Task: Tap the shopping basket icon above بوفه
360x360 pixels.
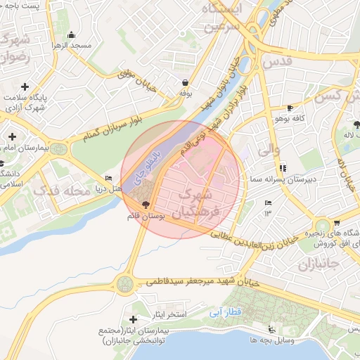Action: coord(185,82)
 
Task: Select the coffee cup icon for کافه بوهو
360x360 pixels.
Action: coord(291,108)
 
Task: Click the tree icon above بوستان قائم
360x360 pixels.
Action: coord(146,205)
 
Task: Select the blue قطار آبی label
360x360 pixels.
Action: coord(226,310)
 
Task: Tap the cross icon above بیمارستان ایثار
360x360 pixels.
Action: coord(133,320)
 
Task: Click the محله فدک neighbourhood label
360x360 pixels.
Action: coord(63,191)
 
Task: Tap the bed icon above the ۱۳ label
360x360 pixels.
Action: coord(267,202)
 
